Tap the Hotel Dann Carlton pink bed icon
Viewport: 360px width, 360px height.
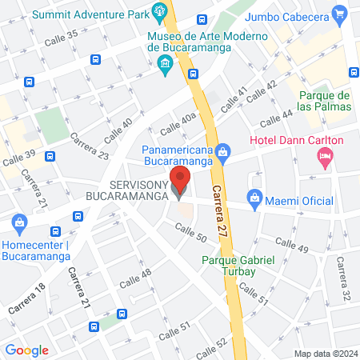pos(324,158)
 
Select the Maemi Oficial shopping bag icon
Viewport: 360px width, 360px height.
pos(254,196)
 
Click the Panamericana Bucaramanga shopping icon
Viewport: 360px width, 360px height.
pos(223,150)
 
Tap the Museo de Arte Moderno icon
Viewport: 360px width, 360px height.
pos(165,64)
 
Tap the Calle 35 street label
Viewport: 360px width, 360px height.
pos(62,37)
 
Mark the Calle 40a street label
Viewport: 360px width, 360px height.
pos(178,123)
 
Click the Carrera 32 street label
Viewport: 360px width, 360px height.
pos(343,280)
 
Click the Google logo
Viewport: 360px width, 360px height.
pos(26,350)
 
